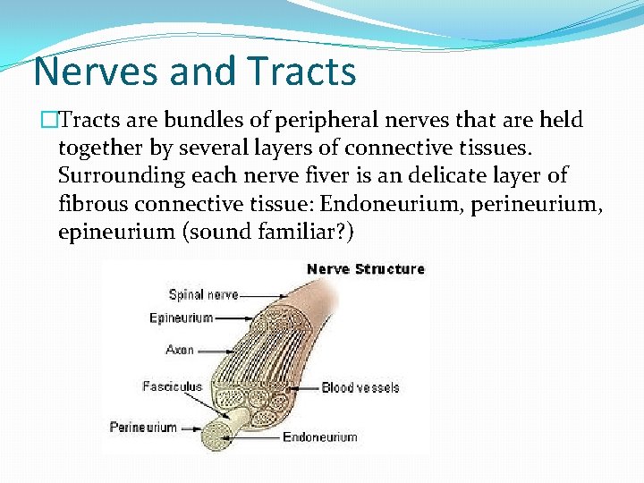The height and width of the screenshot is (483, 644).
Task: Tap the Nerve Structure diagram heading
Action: tap(365, 269)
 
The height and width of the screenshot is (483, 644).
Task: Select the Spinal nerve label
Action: tap(203, 294)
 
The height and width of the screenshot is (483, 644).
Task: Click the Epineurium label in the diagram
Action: tap(181, 318)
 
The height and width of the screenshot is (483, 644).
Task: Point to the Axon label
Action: tap(180, 350)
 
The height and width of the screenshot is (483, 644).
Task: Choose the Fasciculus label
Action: tap(172, 386)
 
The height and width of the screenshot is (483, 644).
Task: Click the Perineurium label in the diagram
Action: tap(143, 427)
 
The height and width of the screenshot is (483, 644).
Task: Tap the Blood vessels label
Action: tap(360, 387)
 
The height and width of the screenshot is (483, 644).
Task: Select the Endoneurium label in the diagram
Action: tap(319, 437)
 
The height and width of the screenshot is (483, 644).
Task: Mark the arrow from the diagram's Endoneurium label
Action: tap(255, 437)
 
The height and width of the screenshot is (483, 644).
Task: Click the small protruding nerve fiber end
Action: tap(220, 433)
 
